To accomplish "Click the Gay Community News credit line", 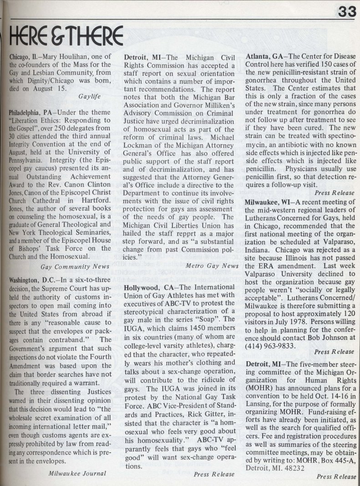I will (75, 266).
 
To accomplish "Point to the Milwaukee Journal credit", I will (77, 473).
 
